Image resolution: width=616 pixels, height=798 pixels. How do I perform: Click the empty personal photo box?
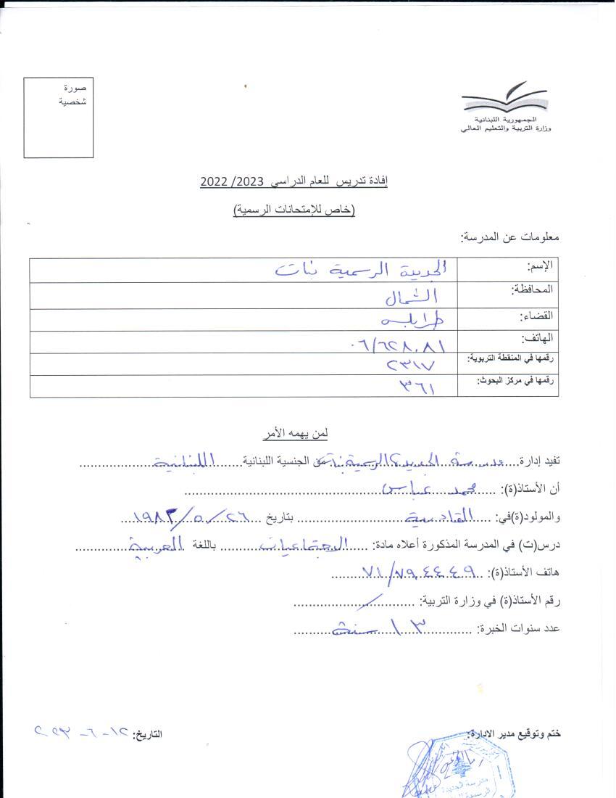click(59, 117)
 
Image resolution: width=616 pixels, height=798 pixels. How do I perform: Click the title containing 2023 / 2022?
click(294, 181)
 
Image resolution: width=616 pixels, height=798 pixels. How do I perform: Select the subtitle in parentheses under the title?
click(294, 210)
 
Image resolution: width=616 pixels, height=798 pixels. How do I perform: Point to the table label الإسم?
click(542, 266)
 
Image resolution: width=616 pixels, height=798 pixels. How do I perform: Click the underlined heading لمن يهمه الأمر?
click(295, 433)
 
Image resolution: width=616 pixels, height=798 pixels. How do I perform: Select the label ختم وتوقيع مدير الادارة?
click(515, 734)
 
